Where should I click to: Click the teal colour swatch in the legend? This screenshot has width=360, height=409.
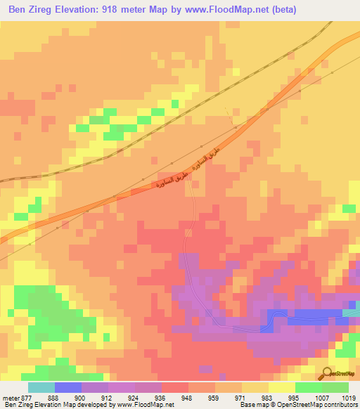click(41, 387)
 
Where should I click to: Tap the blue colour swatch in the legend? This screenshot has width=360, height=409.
click(68, 387)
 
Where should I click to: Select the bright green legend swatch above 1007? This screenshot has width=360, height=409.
click(308, 387)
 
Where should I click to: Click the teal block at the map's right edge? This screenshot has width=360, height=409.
click(353, 309)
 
